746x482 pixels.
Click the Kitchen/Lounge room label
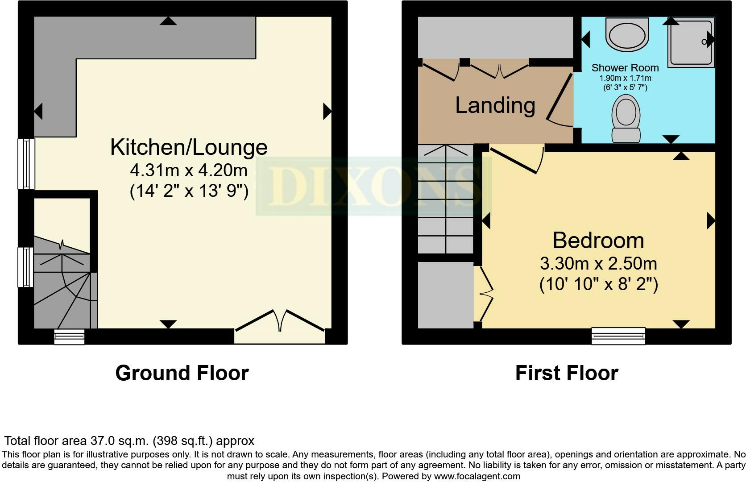[x=189, y=147]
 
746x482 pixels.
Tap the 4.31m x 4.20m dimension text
[x=189, y=170]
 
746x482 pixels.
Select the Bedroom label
[x=598, y=241]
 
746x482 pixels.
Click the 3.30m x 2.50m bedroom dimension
[x=598, y=263]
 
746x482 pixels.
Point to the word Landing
[x=495, y=105]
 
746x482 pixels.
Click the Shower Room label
[x=625, y=68]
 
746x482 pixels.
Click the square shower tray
[x=691, y=42]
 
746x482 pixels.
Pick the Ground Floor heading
[x=182, y=373]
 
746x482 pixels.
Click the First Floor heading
[x=566, y=373]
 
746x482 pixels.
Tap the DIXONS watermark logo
[x=374, y=187]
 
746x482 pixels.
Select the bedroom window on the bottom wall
[x=618, y=336]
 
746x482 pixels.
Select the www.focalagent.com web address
[x=477, y=476]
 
